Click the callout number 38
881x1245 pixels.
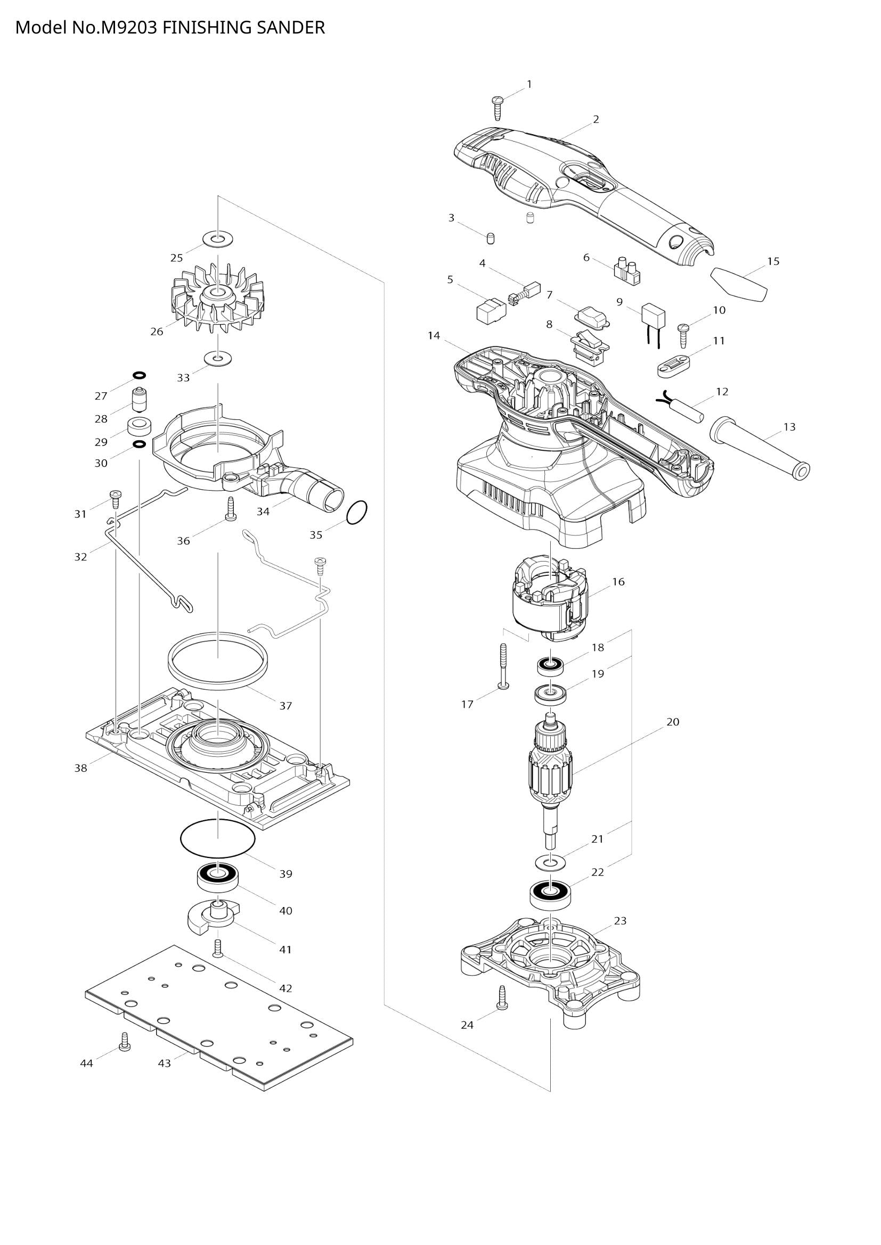point(80,769)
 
